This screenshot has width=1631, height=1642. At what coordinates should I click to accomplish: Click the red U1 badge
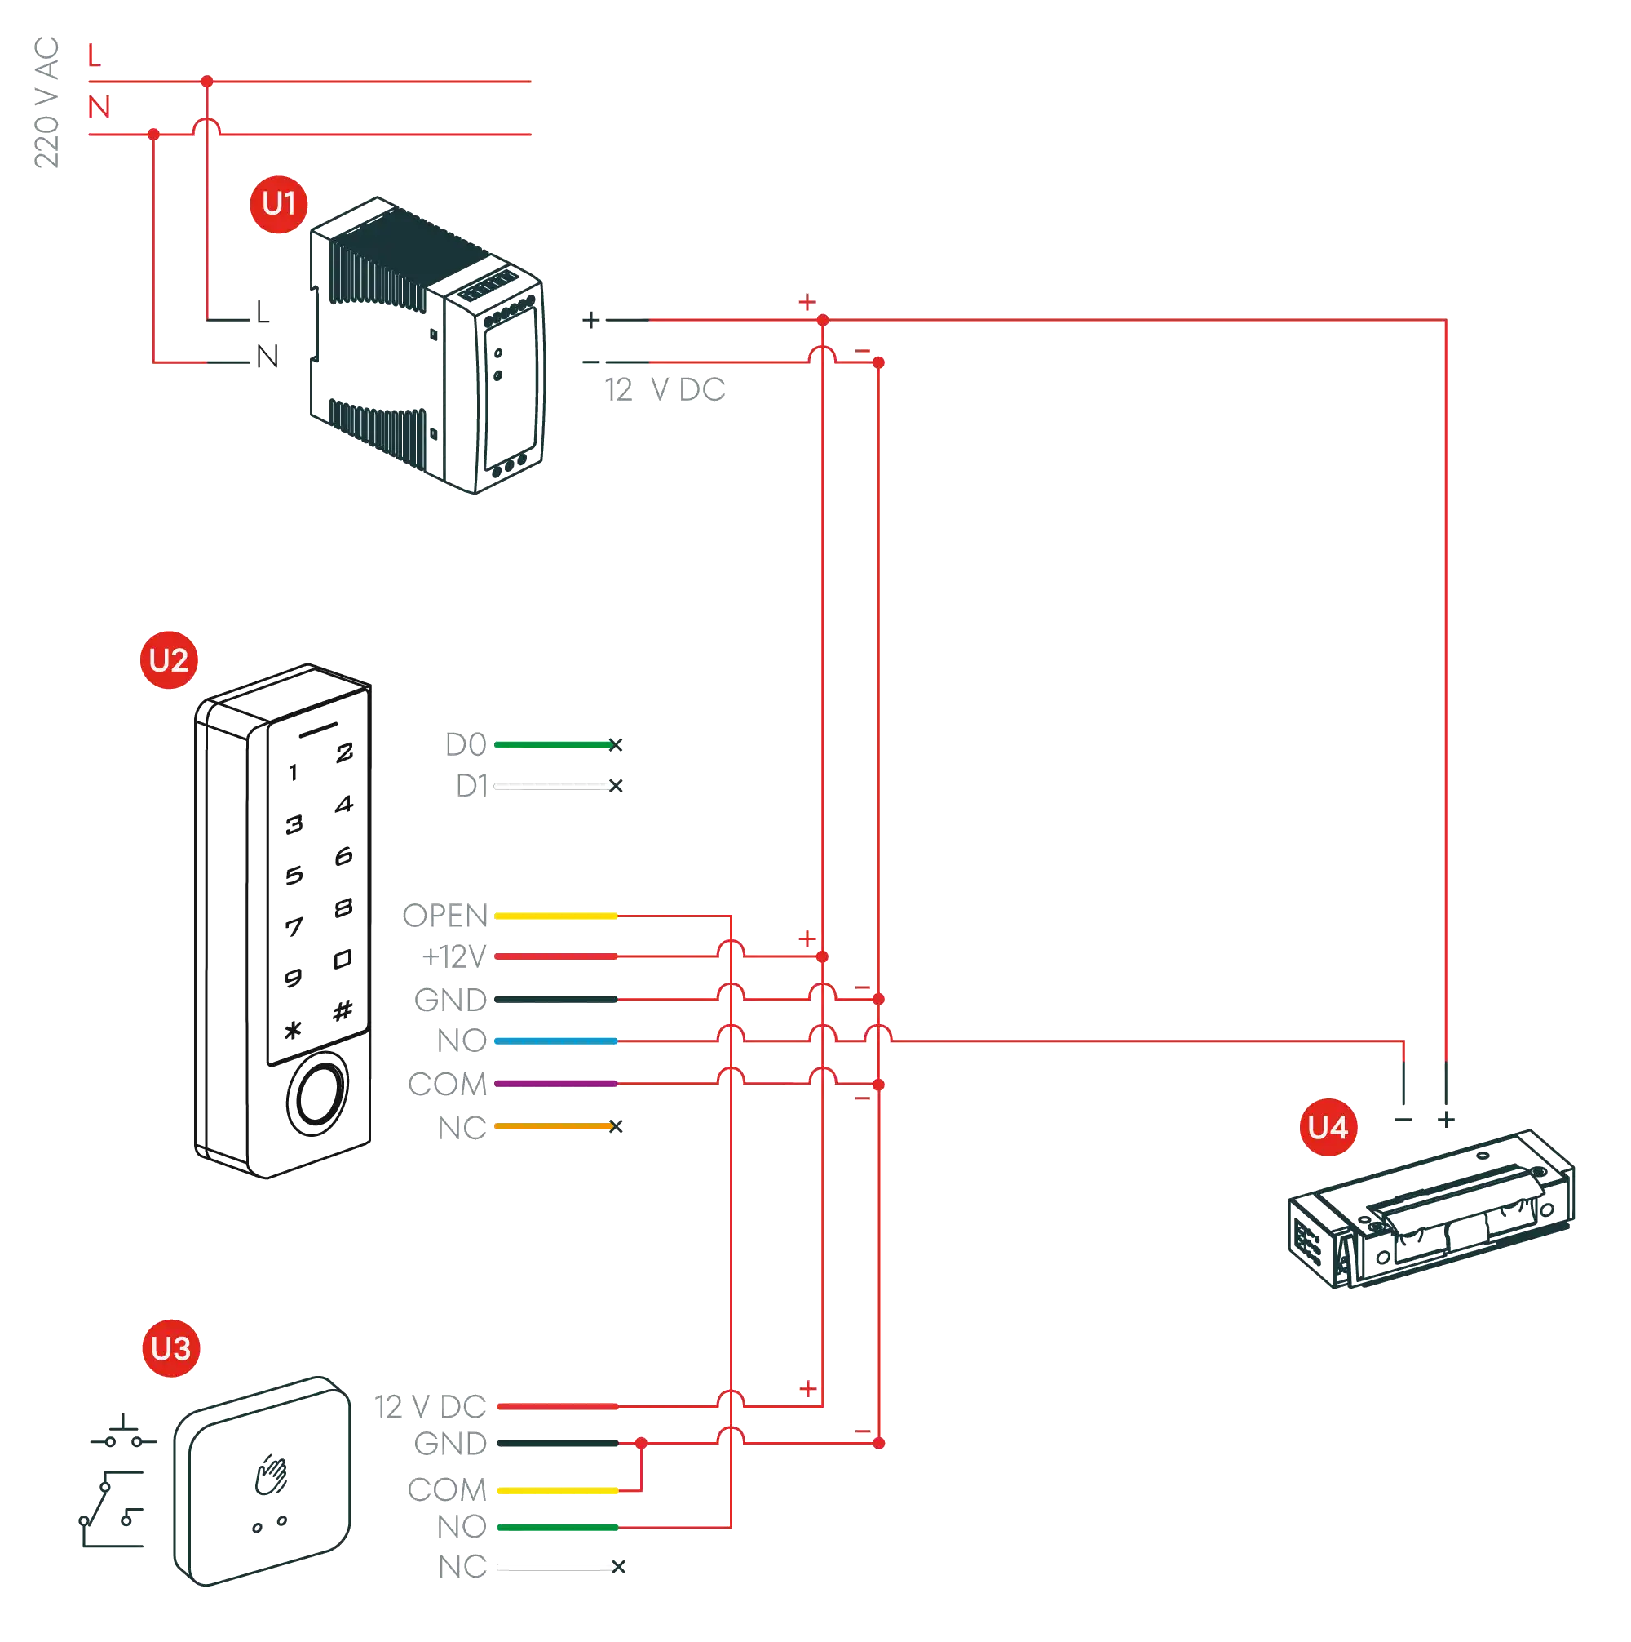pos(278,204)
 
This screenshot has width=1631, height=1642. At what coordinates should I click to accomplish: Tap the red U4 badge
pos(1327,1128)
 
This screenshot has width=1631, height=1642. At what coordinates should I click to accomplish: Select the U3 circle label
pos(170,1348)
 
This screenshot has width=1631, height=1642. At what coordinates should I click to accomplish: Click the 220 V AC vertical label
pos(46,102)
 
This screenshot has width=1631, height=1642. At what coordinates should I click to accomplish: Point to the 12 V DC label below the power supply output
pos(665,391)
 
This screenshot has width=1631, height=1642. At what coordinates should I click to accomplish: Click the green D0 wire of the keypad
pos(552,745)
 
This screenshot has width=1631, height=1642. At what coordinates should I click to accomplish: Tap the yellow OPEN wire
pos(555,916)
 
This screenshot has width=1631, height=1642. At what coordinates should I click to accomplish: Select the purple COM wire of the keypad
pos(555,1084)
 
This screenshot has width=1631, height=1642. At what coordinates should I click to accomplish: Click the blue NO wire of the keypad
pos(555,1041)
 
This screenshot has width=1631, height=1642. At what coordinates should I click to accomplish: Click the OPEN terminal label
pos(445,916)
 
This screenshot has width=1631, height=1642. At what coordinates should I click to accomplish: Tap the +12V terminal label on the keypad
pos(455,958)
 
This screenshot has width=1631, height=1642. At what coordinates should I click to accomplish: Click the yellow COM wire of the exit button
pos(556,1490)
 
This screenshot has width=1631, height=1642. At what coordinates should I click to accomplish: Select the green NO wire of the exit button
pos(556,1527)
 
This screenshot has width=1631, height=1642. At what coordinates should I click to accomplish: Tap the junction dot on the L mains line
pos(207,82)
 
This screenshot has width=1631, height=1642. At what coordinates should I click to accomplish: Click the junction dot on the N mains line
pos(154,135)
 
